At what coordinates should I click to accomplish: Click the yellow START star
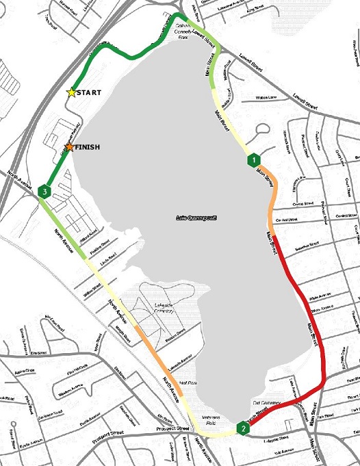71,92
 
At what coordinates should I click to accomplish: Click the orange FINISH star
69,147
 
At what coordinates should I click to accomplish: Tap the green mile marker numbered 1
253,159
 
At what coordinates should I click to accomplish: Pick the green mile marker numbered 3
44,192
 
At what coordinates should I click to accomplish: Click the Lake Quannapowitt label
196,218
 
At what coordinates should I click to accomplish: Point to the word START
90,92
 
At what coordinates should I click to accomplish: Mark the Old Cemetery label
268,403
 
